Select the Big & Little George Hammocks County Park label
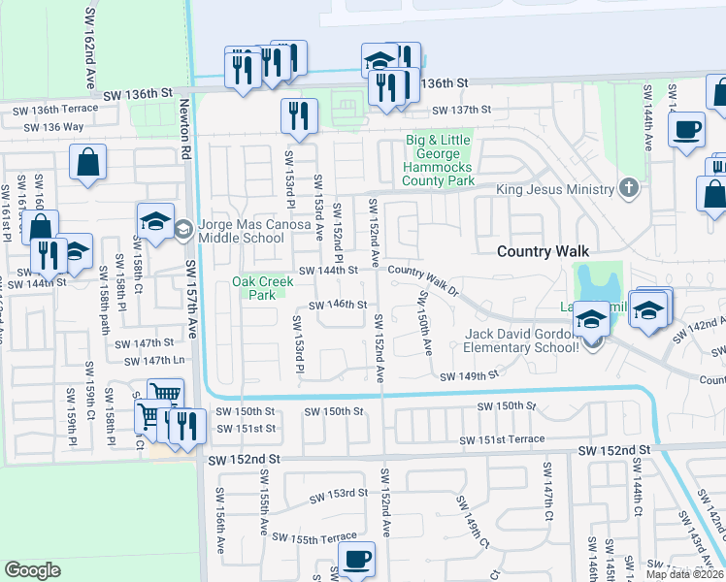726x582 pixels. [x=439, y=160]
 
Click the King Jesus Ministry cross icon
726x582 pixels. [x=628, y=188]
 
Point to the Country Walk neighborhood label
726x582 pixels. [x=543, y=251]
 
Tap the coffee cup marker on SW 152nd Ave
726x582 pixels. [x=356, y=560]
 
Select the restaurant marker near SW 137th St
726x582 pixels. [x=299, y=116]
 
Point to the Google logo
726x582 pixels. [x=32, y=570]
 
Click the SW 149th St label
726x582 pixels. [x=469, y=376]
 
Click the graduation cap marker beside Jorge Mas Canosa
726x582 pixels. [x=155, y=222]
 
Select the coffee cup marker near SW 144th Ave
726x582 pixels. [x=687, y=129]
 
